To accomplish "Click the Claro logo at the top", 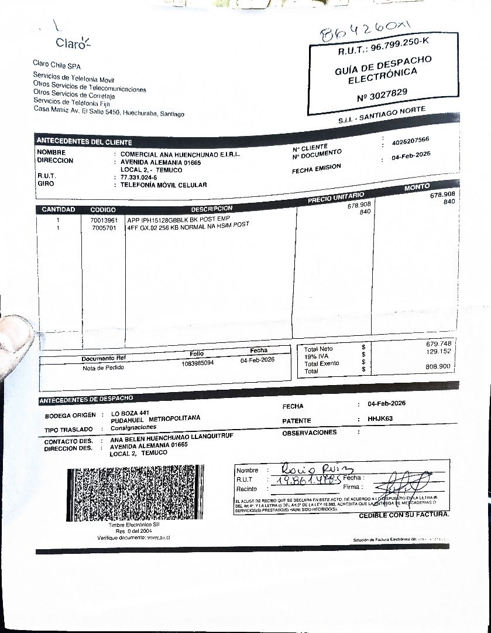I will [x=73, y=42].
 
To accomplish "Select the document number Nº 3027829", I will [x=383, y=94].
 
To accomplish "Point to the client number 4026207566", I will [x=410, y=140].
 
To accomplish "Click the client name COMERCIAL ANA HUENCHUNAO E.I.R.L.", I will [x=180, y=154].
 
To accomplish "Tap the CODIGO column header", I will [x=103, y=210].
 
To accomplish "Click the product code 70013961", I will [x=104, y=220].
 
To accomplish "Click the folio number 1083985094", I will [x=198, y=363].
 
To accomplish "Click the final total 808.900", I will [x=438, y=366].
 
